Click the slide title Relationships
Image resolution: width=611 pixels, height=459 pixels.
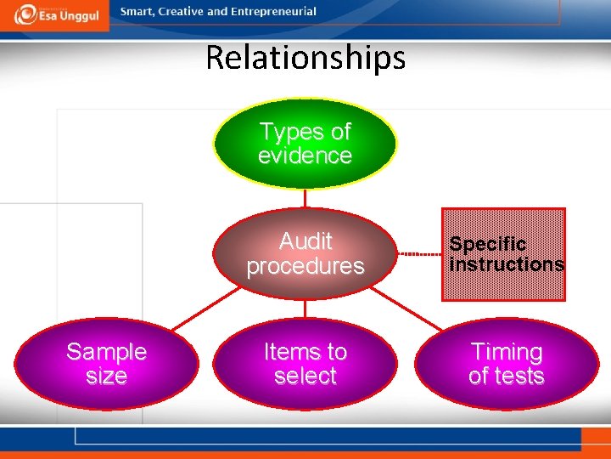[x=305, y=58]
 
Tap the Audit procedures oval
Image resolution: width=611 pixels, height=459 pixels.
[x=305, y=253]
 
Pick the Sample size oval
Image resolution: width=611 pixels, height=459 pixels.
[x=107, y=364]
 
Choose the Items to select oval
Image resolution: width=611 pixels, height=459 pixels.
[x=305, y=364]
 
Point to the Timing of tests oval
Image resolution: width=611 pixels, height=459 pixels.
[x=506, y=364]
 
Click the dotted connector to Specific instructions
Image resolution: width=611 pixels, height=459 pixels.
[x=418, y=254]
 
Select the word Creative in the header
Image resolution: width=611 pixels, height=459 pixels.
[x=182, y=12]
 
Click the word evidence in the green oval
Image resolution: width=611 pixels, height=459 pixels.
[x=305, y=156]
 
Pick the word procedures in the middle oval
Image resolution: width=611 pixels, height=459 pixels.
[x=305, y=266]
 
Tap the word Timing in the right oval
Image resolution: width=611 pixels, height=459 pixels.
[x=506, y=352]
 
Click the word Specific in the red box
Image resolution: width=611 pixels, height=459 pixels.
[x=487, y=244]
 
